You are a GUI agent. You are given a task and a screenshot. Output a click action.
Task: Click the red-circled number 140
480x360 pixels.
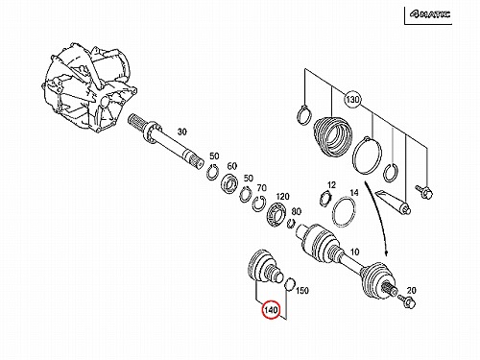coord(271,310)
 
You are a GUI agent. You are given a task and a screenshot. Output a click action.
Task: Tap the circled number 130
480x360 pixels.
coord(352,100)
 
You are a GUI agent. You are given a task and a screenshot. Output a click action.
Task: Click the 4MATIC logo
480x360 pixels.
coord(430,14)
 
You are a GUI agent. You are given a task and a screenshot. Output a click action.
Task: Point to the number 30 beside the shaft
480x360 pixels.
coord(181,132)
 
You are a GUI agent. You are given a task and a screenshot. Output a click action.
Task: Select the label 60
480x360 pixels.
coord(232,166)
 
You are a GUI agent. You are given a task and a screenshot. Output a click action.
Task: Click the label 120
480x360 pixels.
coord(282,196)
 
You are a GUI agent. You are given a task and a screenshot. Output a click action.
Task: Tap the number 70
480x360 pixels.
coord(262,188)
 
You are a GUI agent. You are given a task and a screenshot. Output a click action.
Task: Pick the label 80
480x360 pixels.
coord(297,211)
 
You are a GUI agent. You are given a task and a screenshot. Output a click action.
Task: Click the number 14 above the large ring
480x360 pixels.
coord(354,193)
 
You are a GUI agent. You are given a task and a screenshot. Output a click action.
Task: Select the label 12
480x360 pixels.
coord(331,185)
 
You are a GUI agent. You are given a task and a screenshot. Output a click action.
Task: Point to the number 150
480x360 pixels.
coord(302,291)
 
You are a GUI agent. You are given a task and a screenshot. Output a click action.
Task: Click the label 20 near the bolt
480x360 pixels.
coord(411,291)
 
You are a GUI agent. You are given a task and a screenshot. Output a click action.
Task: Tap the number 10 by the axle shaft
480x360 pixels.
coord(354,252)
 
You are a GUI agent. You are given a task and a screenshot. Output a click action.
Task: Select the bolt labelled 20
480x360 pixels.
coord(407,301)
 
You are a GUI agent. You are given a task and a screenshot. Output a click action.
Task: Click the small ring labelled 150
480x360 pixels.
coord(290,284)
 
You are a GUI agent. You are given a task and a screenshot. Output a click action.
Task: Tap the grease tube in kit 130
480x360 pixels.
coord(393,203)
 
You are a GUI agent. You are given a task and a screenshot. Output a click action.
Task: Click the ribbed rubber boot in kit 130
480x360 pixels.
coord(333,135)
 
